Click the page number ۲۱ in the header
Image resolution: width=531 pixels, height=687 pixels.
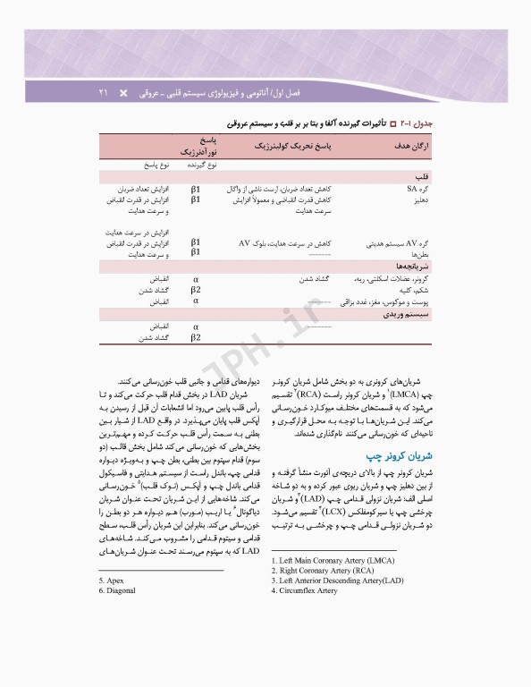click(x=102, y=92)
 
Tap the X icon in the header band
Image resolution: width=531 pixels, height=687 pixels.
click(x=124, y=92)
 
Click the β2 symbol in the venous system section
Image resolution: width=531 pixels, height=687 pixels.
click(x=195, y=338)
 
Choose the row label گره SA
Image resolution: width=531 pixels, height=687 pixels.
click(x=419, y=190)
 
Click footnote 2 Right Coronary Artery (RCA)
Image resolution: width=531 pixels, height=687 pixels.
click(x=323, y=571)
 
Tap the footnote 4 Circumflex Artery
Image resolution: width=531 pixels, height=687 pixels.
click(x=310, y=590)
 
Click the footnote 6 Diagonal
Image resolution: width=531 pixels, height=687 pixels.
click(x=116, y=590)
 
